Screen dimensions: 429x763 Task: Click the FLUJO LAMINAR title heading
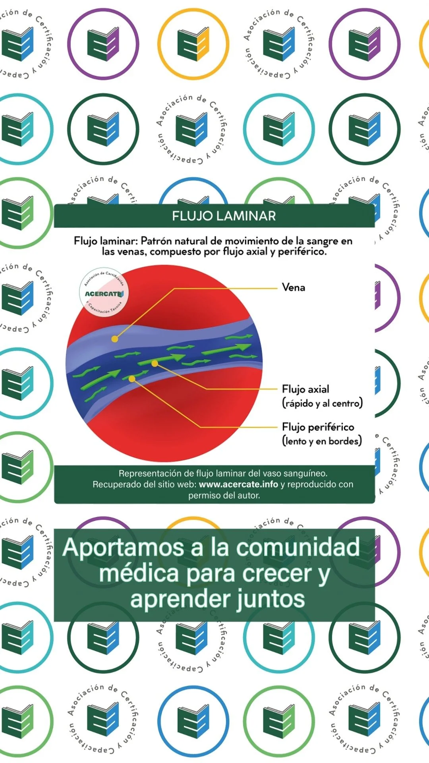224,216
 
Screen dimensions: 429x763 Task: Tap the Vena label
293,287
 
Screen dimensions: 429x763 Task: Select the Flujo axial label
305,389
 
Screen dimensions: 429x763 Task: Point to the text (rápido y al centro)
322,403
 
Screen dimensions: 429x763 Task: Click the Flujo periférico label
318,427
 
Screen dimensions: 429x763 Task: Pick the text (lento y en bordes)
322,441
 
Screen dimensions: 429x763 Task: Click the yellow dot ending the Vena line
115,339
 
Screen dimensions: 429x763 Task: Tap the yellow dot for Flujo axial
155,363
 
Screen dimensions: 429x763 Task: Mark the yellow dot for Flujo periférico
132,379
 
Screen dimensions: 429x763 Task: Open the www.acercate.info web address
238,484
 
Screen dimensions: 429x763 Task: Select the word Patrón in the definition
156,241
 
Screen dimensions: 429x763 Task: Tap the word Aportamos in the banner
123,548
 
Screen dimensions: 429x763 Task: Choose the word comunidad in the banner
298,547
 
